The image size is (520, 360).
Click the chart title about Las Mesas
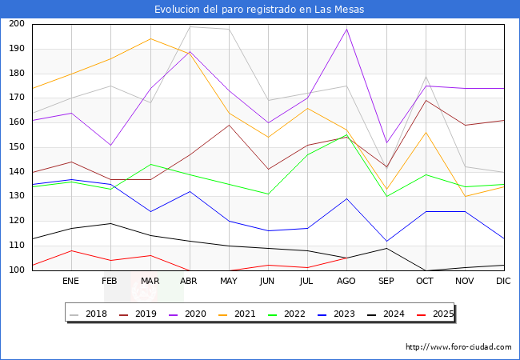[260, 10]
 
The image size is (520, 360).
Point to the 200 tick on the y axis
[16, 24]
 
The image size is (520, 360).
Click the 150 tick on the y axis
[16, 147]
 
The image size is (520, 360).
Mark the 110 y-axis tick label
[16, 246]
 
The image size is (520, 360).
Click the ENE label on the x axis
[70, 282]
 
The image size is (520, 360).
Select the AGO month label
[346, 282]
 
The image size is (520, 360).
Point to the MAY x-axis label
[229, 282]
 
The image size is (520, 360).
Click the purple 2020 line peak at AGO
[346, 29]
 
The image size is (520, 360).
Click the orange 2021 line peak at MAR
[150, 38]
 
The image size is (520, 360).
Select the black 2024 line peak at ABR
[189, 51]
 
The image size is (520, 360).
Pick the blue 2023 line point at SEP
[386, 242]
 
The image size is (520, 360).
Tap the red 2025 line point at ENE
[70, 250]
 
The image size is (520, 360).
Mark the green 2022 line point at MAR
[150, 164]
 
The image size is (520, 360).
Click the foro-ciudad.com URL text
[458, 347]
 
